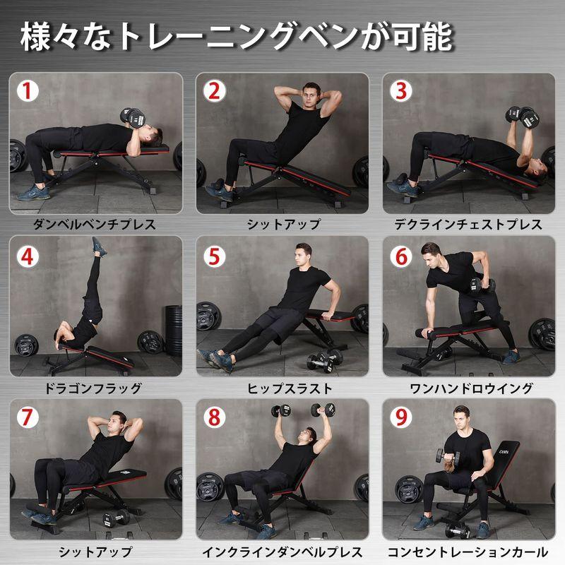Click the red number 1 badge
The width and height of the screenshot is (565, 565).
[x=28, y=91]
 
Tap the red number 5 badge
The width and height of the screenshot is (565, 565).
[x=215, y=255]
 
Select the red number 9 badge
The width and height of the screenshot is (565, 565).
[x=401, y=418]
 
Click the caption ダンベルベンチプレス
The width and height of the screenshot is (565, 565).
[x=94, y=225]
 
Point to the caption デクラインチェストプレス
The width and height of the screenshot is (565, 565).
[x=468, y=225]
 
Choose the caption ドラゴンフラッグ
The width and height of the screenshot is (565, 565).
[x=94, y=388]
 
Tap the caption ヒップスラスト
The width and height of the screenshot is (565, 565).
[x=282, y=388]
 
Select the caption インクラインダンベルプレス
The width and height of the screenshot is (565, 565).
[x=282, y=552]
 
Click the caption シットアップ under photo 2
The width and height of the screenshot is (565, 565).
[x=282, y=225]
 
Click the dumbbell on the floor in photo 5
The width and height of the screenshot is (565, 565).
[x=321, y=362]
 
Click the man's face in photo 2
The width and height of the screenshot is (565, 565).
[x=308, y=95]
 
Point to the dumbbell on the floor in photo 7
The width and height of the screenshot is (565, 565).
[x=117, y=518]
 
